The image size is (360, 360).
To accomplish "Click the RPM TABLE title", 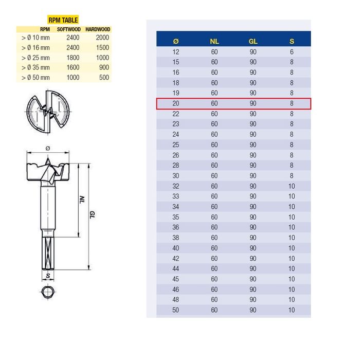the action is coord(63,20).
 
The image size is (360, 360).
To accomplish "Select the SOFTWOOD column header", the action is coord(68,29).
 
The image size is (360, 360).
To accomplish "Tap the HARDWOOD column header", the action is coord(98,29).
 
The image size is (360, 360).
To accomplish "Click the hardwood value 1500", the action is coord(102,47).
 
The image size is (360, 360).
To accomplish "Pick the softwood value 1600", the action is coord(73,67).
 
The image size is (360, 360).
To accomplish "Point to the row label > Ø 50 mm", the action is coord(35,78).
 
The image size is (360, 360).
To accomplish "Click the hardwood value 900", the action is coord(104,67).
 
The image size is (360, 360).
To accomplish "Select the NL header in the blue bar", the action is coord(214,41).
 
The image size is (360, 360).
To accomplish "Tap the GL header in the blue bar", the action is coord(253,41).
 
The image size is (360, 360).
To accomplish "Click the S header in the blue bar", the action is coord(292,41).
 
